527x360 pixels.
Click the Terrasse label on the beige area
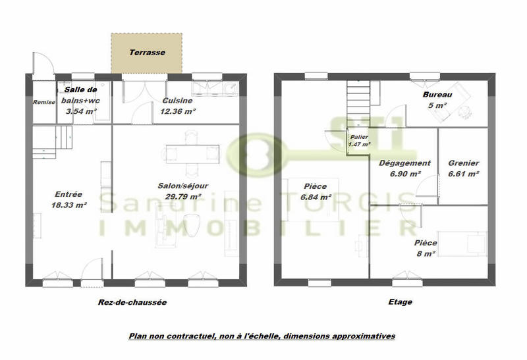coord(146,52)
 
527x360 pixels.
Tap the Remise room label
coord(44,102)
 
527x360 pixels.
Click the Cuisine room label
coord(177,101)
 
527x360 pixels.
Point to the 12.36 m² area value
coord(177,112)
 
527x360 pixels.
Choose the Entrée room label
coord(69,194)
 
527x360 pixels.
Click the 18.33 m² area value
coord(69,205)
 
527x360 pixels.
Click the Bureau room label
coord(437,95)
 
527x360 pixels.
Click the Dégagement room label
coord(404,163)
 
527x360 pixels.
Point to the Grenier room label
coord(463,163)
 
